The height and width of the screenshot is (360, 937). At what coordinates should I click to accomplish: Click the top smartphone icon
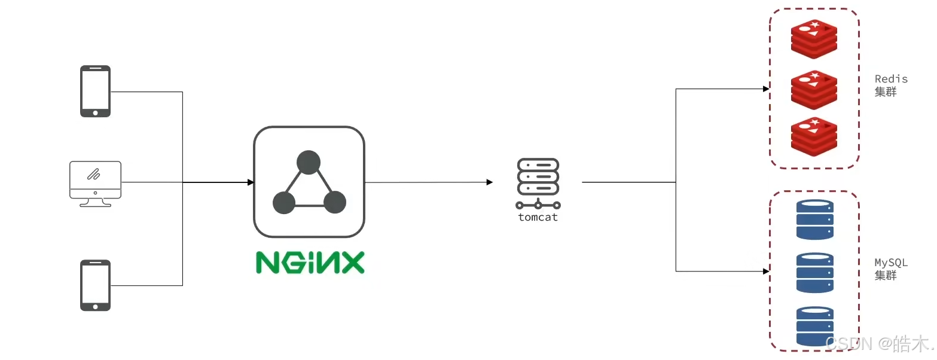point(95,91)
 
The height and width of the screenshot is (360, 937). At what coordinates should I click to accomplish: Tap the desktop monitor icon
point(95,182)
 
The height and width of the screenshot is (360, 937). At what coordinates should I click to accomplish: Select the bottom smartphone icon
point(95,285)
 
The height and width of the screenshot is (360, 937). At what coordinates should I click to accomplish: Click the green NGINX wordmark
point(310,263)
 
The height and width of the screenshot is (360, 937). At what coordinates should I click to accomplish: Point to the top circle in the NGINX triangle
point(309,162)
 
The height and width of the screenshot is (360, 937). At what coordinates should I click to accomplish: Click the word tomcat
point(538,217)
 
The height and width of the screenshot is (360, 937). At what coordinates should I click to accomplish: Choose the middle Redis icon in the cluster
point(814,89)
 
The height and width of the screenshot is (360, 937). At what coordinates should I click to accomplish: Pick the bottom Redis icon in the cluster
point(814,137)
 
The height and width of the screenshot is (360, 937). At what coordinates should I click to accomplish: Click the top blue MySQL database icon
point(814,219)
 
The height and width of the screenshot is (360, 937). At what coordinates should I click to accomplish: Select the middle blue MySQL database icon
point(814,272)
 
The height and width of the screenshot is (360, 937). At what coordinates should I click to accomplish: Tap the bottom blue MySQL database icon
point(814,326)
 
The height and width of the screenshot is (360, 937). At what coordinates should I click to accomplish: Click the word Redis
point(891,79)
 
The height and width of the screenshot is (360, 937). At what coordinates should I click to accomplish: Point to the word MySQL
point(891,263)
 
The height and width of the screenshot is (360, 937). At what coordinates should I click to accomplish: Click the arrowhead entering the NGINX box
point(251,182)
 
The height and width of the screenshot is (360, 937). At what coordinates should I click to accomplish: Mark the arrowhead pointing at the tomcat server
point(490,182)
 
